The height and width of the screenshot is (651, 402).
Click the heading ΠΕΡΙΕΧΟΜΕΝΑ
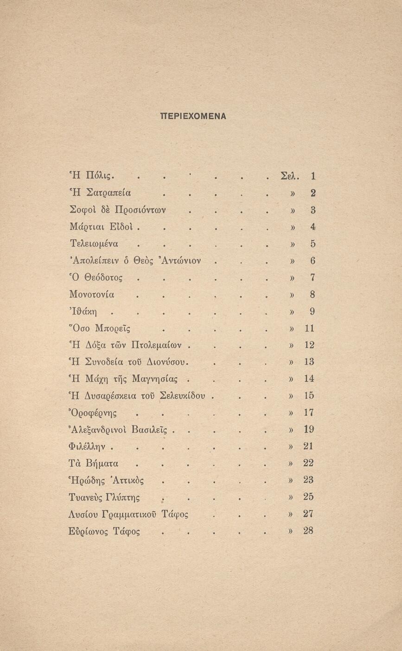[x=193, y=116]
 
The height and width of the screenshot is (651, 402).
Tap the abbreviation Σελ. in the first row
[x=291, y=176]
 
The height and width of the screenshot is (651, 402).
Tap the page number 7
[x=313, y=277]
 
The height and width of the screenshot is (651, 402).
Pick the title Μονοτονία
[x=91, y=294]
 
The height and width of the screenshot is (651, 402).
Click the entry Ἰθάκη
[x=85, y=311]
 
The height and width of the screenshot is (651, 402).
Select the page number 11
[x=309, y=329]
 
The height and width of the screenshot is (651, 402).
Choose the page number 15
[x=309, y=396]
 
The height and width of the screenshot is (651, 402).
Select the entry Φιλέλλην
[x=88, y=446]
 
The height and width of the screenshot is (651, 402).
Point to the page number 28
[x=309, y=530]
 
